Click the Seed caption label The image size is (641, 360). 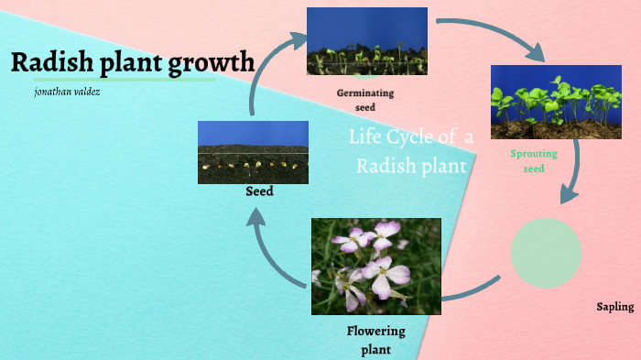(259, 192)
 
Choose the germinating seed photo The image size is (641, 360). (366, 41)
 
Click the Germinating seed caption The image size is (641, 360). (365, 100)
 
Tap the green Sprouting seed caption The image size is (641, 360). (533, 161)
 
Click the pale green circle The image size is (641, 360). (546, 253)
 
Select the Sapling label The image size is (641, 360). (614, 307)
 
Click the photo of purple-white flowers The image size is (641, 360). (375, 266)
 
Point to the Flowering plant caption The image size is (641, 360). (375, 339)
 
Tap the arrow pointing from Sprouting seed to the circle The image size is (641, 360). (575, 179)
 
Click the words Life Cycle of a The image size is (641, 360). (411, 137)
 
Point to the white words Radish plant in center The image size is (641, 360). (411, 166)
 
